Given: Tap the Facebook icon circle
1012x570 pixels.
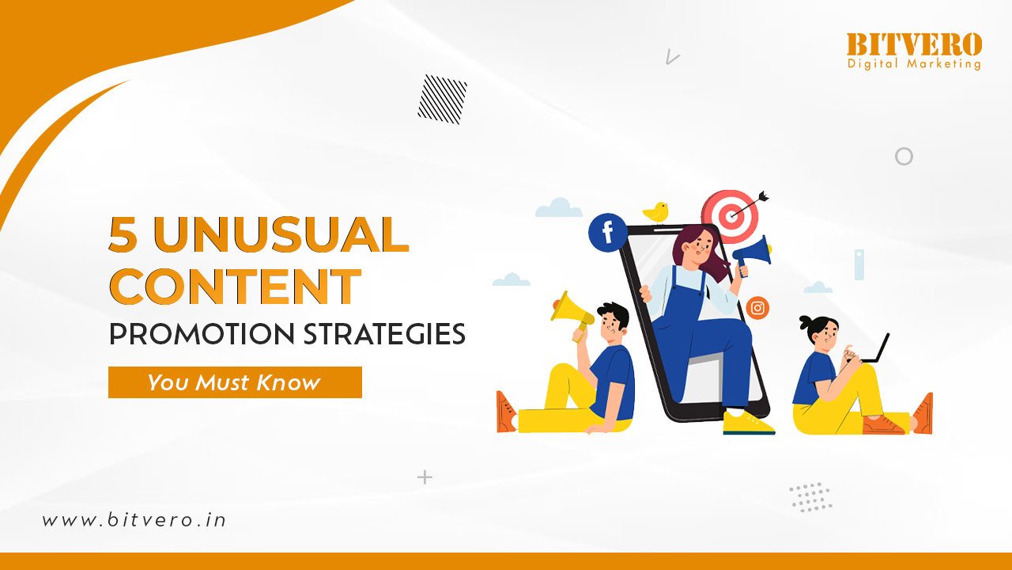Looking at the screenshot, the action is (x=608, y=233).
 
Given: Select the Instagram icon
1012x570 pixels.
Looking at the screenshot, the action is (x=757, y=308).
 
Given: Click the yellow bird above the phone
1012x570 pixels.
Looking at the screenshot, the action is (x=656, y=212).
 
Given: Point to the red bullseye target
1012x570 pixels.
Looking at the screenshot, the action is (x=730, y=216).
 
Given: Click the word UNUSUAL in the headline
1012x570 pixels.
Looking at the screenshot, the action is (x=281, y=234).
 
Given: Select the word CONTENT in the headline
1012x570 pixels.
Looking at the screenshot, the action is (x=236, y=287).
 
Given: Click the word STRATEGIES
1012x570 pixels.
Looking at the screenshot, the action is (x=384, y=334).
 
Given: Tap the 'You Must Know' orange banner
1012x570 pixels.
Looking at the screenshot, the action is (x=235, y=382).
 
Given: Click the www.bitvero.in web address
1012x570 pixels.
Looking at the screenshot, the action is (x=134, y=520).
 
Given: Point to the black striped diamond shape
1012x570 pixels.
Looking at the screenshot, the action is (x=442, y=100).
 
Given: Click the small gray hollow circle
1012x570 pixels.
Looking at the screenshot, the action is (x=904, y=148).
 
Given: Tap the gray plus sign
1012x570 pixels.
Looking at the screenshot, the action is (x=425, y=477).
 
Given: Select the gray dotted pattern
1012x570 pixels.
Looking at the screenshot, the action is (x=811, y=497).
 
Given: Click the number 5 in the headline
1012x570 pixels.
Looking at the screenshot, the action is (x=123, y=234).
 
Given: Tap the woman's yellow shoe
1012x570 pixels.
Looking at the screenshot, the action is (x=748, y=423).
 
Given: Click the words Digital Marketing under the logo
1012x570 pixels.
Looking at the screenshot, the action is (x=914, y=64).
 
